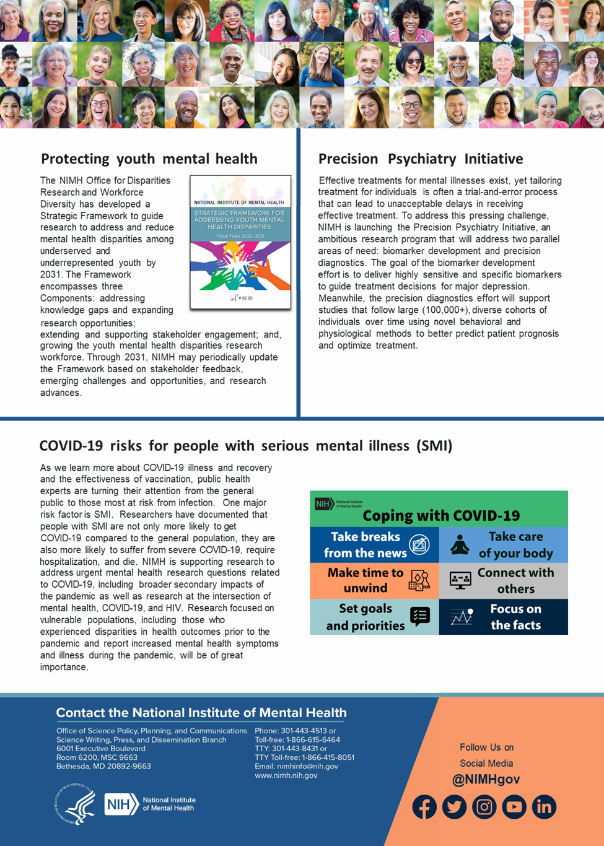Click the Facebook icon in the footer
coord(424,807)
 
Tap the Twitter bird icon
coord(454,807)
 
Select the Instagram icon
coord(484,807)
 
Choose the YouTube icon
coord(514,807)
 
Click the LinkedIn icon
coord(544,807)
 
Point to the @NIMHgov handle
coord(486,780)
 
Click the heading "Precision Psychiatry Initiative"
coord(421,159)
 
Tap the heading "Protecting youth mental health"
coord(149,159)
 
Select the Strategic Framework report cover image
coord(240,242)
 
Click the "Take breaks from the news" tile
coord(374,545)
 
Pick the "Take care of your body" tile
coord(504,545)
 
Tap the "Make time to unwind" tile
coord(374,580)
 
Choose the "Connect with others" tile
coord(504,580)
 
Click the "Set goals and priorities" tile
coord(374,617)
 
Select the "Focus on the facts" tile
coord(504,617)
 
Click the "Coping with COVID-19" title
coord(441,515)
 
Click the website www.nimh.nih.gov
coord(286,775)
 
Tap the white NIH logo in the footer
coord(121,804)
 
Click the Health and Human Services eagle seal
coord(76,804)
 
